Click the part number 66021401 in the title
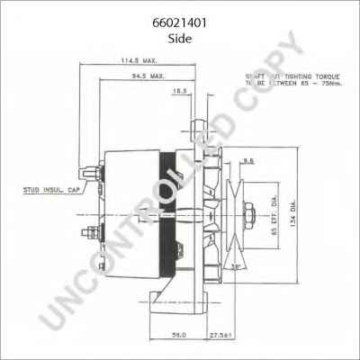point(179,13)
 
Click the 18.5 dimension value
point(181,91)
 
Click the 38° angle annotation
point(237,267)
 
